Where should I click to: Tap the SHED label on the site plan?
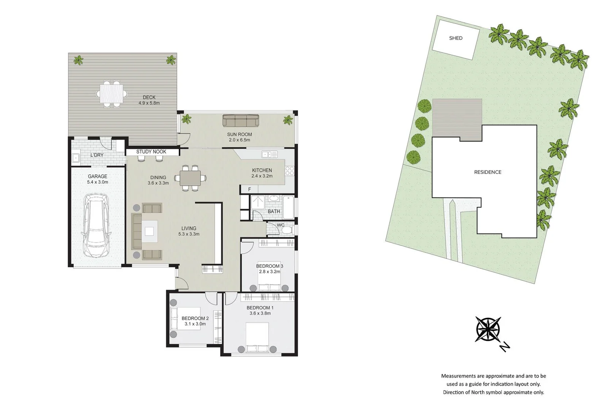(456, 38)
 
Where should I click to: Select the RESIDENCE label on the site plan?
(487, 172)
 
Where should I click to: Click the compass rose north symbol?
(488, 329)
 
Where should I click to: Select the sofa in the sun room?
(240, 121)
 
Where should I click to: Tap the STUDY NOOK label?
(151, 151)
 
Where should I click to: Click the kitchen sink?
(269, 154)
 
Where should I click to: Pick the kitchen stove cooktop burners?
(290, 171)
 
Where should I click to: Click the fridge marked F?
(249, 189)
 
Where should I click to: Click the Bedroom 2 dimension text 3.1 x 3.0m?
(195, 324)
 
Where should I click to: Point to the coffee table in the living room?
(149, 231)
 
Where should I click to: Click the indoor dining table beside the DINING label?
(190, 178)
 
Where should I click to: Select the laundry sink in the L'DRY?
(75, 158)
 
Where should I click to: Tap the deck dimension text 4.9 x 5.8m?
(149, 103)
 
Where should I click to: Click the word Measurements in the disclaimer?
(459, 376)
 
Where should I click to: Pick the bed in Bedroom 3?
(269, 281)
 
